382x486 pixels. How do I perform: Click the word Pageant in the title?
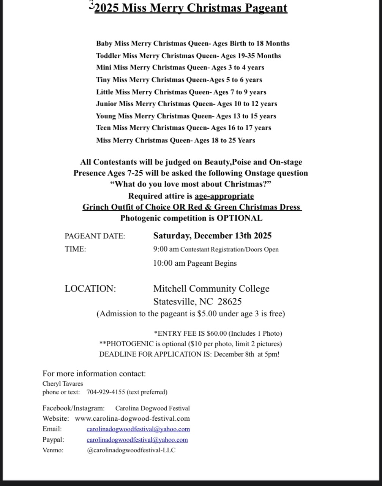click(264, 8)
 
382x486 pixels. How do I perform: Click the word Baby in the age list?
click(104, 44)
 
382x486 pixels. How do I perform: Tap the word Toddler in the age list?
click(108, 56)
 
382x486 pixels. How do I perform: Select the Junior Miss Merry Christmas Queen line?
click(186, 104)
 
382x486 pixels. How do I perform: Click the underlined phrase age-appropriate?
click(224, 196)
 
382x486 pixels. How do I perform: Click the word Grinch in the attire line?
click(96, 207)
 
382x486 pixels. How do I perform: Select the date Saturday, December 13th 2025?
click(212, 236)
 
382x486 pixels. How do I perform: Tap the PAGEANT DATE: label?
click(95, 236)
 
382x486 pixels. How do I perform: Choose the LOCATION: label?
click(90, 289)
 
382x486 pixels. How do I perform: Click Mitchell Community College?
click(211, 289)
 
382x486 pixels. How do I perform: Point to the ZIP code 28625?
click(229, 302)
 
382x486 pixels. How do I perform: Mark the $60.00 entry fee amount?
click(216, 334)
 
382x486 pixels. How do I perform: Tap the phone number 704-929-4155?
click(106, 392)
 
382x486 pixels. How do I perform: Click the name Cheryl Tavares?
click(63, 384)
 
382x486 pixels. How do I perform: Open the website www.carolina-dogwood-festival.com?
click(132, 419)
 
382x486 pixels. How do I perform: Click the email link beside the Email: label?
click(138, 429)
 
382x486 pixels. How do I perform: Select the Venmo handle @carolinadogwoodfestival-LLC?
click(131, 450)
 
